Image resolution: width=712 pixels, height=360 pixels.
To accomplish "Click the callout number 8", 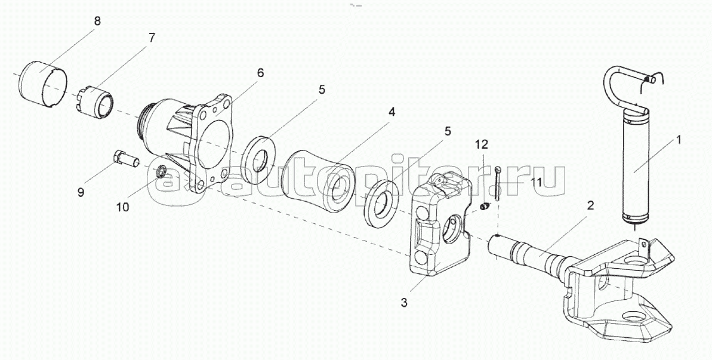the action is (97, 21).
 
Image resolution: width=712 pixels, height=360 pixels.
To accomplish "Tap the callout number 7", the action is (151, 38).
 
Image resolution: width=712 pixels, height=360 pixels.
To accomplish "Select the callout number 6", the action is (260, 73).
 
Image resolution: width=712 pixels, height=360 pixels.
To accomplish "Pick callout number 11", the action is (536, 183).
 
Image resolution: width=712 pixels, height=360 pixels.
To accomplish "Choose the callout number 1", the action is (679, 140).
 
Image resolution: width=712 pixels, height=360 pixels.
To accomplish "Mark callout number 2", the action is (590, 205).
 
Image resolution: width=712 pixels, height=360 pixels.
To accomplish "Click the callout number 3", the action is (403, 303).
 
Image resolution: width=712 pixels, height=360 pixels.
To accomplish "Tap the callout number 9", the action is (81, 192).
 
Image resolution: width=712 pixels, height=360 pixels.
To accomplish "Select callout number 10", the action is (122, 208).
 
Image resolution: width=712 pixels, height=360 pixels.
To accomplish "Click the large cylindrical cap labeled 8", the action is (44, 84).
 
